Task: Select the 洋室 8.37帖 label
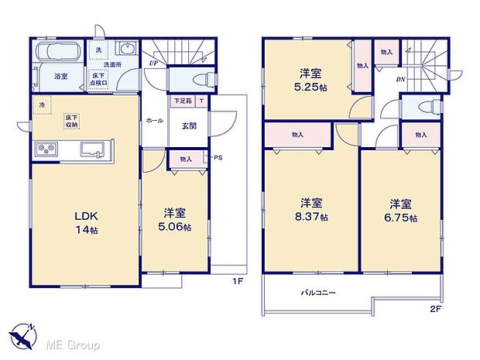[314, 210]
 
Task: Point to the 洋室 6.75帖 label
[400, 211]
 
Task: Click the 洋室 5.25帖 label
[311, 81]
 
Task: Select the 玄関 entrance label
[190, 125]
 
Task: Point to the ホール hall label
[155, 121]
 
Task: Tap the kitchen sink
[98, 148]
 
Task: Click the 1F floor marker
[238, 280]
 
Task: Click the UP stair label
[155, 64]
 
